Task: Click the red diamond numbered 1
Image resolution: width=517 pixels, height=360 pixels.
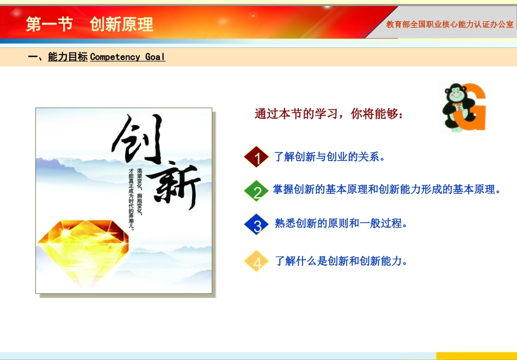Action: coord(257,157)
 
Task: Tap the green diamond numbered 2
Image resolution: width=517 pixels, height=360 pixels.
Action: coord(257,191)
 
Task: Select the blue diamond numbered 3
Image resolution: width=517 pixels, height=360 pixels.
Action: coord(257,224)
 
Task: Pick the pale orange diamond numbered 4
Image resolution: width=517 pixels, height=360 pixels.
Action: coord(257,261)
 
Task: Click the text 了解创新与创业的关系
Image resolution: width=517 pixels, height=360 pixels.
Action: coord(330,157)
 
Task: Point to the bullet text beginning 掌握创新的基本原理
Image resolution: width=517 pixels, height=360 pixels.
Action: coord(386,190)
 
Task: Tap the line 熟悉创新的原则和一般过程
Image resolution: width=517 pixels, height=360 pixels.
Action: coord(341,223)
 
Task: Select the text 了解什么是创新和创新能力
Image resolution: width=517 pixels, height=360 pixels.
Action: coord(341,261)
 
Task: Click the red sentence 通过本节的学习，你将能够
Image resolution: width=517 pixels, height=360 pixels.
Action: coord(329,114)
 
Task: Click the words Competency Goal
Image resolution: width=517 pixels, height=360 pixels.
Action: coord(127,57)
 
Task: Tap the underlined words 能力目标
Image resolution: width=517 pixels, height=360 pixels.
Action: coord(67,57)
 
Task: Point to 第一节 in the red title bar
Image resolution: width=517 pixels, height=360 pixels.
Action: coord(49,25)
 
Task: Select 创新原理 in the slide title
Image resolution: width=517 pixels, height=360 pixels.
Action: coord(122,25)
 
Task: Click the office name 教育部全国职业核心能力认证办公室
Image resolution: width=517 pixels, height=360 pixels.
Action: coord(450,25)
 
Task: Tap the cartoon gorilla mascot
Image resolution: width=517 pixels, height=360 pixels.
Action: coord(454,107)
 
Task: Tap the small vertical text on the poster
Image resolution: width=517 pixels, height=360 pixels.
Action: coord(135,199)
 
